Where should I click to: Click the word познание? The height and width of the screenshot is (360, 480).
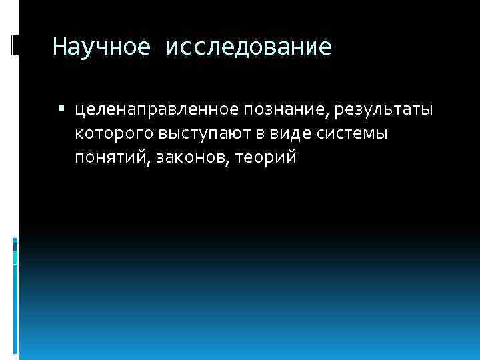click(x=280, y=109)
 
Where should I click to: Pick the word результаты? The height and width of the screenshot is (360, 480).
click(x=383, y=109)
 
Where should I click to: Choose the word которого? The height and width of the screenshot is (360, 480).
click(x=114, y=133)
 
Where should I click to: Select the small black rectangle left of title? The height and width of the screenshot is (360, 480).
click(x=15, y=45)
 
